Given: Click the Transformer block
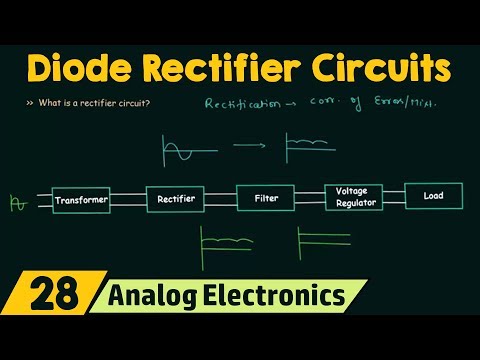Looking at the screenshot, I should [81, 200].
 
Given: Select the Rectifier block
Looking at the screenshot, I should [175, 199].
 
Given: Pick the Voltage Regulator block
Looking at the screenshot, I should [353, 196].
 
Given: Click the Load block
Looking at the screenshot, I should [433, 195].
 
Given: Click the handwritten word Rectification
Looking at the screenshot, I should [243, 103].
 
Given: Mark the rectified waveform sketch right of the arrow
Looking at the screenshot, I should [311, 146].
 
